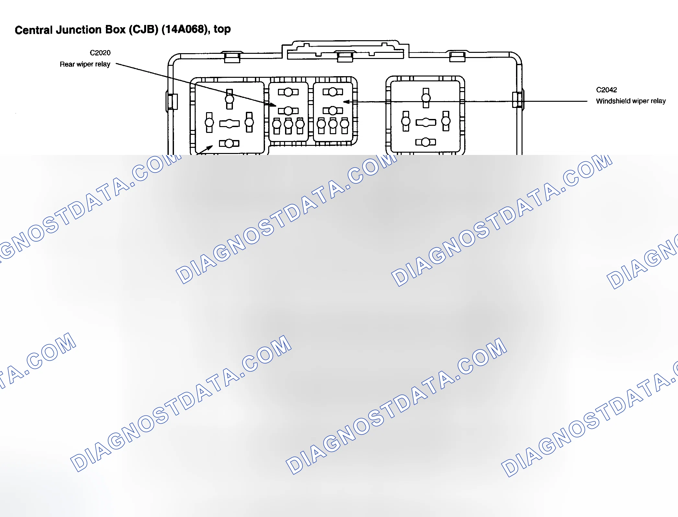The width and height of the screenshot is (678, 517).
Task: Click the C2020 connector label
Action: tap(100, 53)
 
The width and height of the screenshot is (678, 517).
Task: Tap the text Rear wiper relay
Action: tap(85, 64)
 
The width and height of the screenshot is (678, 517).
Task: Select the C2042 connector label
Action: tap(606, 90)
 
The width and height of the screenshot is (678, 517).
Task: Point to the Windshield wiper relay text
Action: tap(631, 101)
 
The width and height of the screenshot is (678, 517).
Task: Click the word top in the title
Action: tap(222, 29)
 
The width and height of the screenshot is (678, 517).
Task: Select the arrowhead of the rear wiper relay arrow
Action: tap(273, 105)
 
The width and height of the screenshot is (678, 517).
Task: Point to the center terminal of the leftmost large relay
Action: tap(229, 123)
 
